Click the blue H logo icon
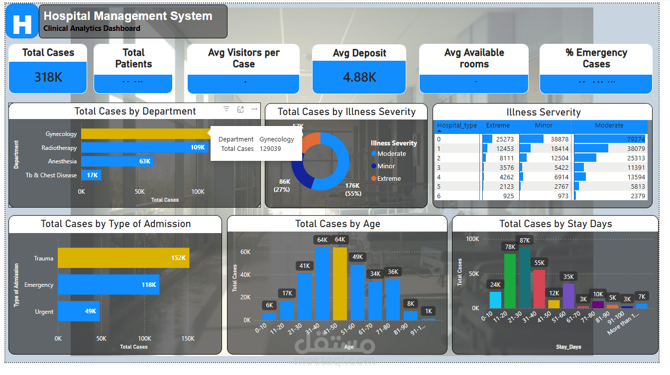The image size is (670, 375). click(x=22, y=21)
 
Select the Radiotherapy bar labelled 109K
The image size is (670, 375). click(x=144, y=148)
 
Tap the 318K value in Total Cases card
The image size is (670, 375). click(x=48, y=77)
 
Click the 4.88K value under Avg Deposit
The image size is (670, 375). click(x=359, y=77)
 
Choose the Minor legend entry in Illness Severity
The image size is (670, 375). click(x=386, y=166)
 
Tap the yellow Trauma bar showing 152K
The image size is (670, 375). click(x=123, y=258)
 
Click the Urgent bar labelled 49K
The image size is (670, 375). click(x=79, y=311)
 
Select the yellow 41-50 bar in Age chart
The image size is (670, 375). click(x=340, y=284)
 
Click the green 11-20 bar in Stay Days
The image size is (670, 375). click(x=510, y=281)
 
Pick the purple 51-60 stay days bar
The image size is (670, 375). click(x=568, y=296)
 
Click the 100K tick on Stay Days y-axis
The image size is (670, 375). click(x=472, y=239)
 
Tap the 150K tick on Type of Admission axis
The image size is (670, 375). click(x=188, y=339)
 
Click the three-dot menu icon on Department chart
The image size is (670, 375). click(x=254, y=110)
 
